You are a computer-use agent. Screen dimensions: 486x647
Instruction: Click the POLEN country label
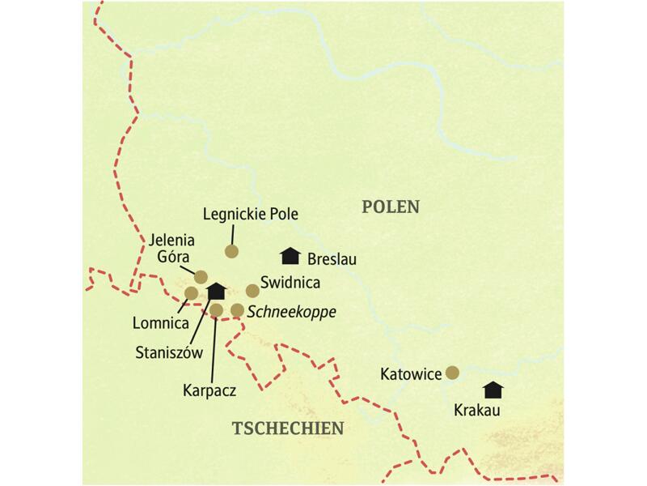(391, 207)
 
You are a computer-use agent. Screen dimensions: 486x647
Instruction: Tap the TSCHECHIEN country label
(288, 428)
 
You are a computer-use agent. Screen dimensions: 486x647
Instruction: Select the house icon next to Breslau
(289, 256)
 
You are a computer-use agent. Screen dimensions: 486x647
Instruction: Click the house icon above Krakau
(493, 390)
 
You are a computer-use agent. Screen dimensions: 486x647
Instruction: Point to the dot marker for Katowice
(452, 373)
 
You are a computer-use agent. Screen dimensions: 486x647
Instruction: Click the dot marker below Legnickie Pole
(231, 250)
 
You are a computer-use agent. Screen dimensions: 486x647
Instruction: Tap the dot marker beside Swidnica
(252, 290)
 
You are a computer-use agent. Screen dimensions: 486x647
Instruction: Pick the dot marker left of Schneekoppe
(237, 309)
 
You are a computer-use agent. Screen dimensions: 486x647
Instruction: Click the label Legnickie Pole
(251, 215)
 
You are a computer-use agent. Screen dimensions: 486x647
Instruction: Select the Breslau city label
(332, 260)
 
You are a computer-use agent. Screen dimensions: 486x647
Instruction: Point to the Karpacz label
(209, 389)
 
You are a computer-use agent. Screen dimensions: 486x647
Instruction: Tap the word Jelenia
(170, 240)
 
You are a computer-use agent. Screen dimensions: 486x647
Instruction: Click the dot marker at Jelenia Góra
(201, 276)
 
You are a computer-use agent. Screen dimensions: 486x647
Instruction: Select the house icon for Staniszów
(216, 291)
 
